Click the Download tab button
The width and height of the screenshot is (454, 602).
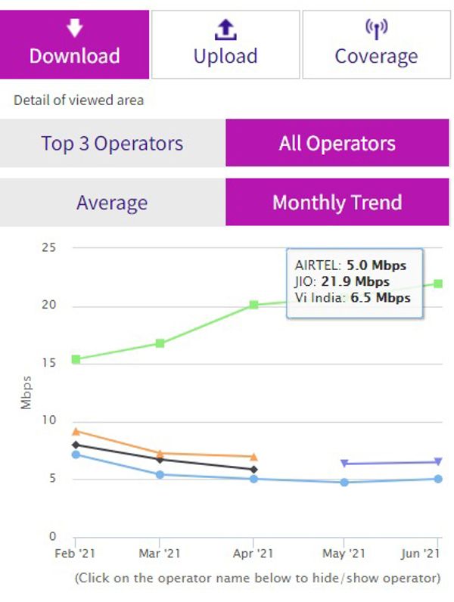74,44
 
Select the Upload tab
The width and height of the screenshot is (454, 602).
225,44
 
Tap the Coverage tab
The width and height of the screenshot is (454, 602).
376,44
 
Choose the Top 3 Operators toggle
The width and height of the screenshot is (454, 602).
112,143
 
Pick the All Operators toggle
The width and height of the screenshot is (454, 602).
337,143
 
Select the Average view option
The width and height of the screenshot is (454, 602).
112,203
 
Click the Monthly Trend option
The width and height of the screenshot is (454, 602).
337,203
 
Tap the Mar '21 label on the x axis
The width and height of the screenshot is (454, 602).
160,554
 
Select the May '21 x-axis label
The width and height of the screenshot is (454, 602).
344,554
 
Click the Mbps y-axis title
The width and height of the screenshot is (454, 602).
26,392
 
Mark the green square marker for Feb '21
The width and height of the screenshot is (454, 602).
76,359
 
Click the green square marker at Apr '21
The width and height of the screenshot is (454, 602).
254,305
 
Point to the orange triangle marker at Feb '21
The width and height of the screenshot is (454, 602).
76,431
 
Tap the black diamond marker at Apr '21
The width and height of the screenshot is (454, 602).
254,470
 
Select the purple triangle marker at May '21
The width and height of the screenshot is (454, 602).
344,463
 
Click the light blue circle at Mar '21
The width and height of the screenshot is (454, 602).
160,475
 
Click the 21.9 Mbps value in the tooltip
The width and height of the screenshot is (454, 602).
364,281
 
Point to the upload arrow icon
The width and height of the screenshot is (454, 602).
225,29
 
